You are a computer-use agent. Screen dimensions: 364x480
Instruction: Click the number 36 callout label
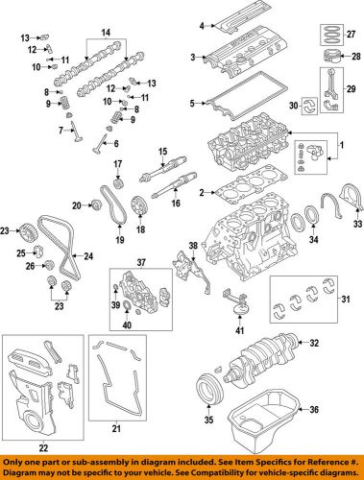pos(314,409)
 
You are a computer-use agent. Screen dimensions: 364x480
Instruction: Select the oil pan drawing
pos(264,420)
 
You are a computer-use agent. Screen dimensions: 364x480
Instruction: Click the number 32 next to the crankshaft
pos(314,343)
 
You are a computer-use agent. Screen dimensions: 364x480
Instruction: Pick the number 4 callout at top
pos(202,26)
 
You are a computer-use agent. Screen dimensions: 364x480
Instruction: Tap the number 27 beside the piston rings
pos(351,35)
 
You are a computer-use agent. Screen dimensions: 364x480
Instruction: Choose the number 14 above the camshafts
pos(106,33)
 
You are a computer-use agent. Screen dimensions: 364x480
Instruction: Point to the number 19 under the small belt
pos(119,240)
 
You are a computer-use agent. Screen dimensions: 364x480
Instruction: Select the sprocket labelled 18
pos(139,205)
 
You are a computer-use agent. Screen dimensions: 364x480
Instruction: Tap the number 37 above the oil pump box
pos(141,263)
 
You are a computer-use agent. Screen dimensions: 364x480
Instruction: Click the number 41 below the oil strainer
pos(239,330)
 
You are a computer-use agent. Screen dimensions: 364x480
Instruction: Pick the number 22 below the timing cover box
pos(43,447)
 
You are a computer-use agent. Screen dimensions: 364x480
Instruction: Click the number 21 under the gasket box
pos(116,428)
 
